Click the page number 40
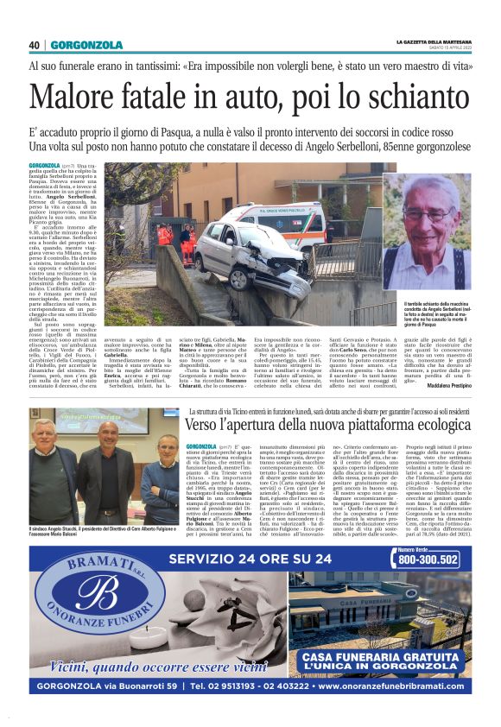pyautogui.click(x=35, y=45)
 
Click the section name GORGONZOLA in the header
pyautogui.click(x=86, y=45)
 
